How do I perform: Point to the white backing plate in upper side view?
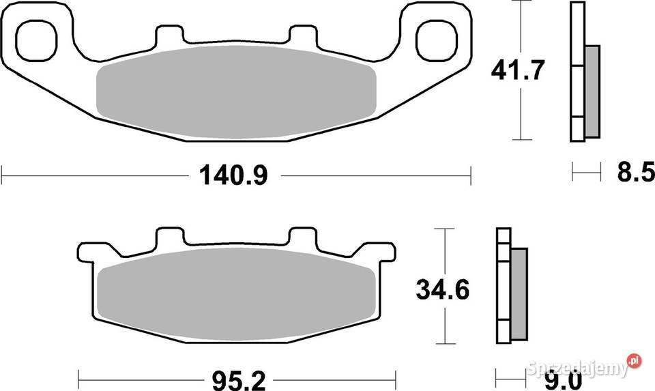point(577,72)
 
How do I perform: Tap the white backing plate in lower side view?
point(504,287)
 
